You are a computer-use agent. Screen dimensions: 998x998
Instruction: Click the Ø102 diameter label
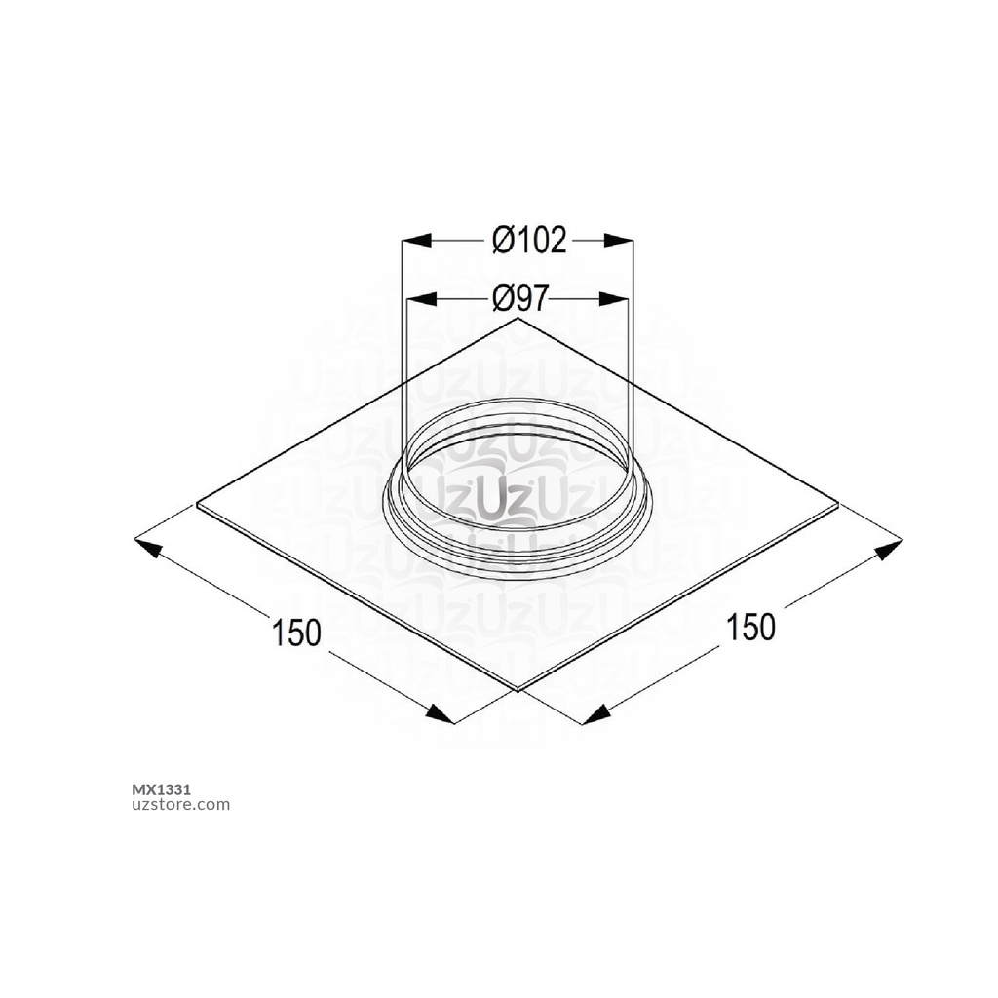point(529,240)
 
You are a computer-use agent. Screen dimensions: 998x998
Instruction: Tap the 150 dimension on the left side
point(296,633)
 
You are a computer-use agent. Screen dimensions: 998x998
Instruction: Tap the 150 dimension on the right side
point(750,628)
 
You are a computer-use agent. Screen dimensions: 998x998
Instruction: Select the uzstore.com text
point(180,805)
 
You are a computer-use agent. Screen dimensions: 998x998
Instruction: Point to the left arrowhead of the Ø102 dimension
point(417,240)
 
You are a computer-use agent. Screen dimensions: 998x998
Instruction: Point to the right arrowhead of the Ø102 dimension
point(619,240)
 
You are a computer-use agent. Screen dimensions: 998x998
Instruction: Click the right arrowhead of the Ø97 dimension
point(612,298)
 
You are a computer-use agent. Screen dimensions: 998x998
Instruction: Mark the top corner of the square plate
point(518,318)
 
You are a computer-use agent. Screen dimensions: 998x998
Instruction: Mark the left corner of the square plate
point(198,505)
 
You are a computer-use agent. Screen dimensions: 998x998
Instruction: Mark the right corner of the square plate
point(839,504)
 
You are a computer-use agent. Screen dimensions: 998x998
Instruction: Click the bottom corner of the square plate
point(518,690)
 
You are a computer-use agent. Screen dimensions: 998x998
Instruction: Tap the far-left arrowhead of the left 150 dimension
point(147,545)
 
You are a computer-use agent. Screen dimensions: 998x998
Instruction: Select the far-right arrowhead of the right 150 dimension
point(888,551)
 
